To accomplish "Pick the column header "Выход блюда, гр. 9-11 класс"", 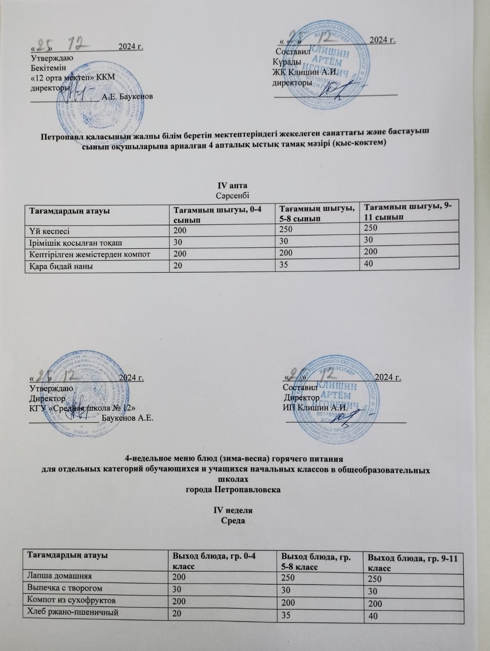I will click(x=413, y=562).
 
